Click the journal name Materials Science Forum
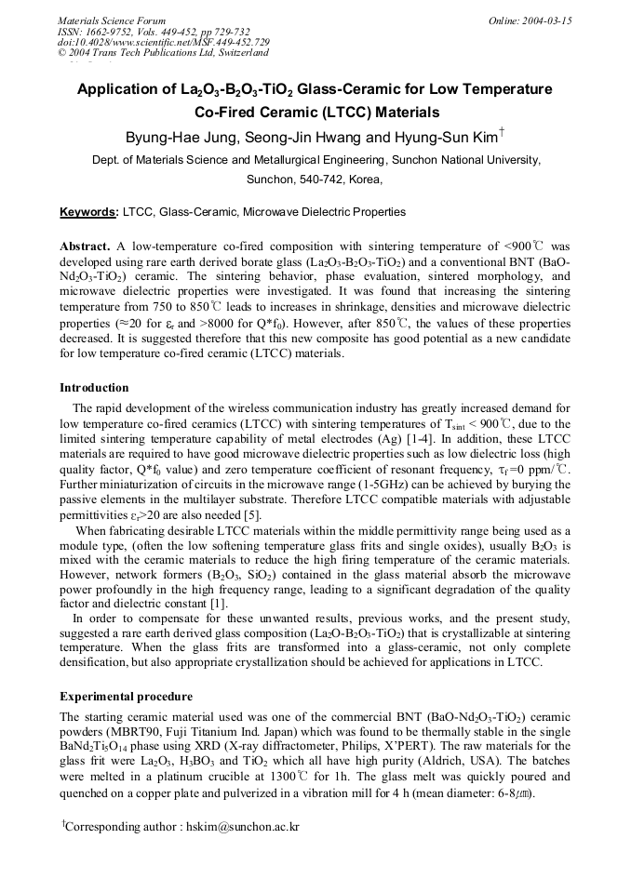click(x=112, y=20)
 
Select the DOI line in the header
click(x=164, y=42)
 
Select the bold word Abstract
click(x=85, y=246)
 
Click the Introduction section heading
click(x=94, y=388)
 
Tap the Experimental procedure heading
click(x=126, y=697)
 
